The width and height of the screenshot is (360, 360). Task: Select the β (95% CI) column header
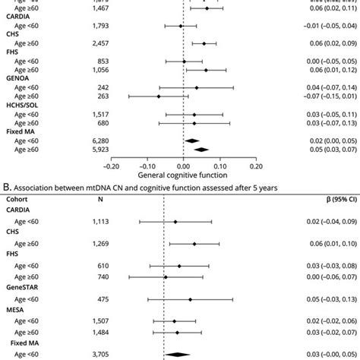pyautogui.click(x=333, y=221)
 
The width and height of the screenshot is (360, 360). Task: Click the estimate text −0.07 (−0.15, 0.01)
pyautogui.click(x=326, y=118)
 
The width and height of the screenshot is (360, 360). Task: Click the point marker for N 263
pyautogui.click(x=159, y=118)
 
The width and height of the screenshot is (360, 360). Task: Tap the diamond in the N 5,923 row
pyautogui.click(x=201, y=171)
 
